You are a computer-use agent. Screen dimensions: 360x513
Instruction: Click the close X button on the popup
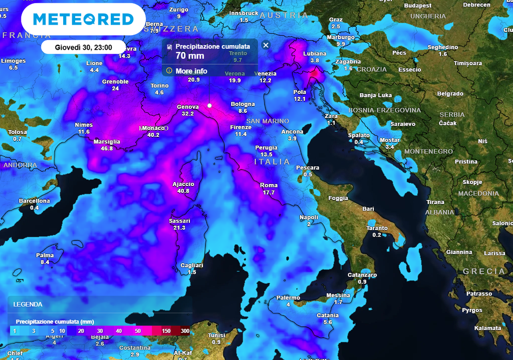coord(266,45)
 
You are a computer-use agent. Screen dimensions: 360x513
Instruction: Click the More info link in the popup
coord(191,71)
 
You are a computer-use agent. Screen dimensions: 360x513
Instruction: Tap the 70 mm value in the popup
coord(190,56)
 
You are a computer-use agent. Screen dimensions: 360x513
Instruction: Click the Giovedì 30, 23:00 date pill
coord(83,48)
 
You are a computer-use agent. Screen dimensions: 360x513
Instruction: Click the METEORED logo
coord(83,20)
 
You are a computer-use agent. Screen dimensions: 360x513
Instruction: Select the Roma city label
coord(269,186)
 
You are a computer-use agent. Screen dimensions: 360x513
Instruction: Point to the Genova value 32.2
coord(188,114)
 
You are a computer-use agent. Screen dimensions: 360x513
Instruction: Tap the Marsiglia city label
coord(107,142)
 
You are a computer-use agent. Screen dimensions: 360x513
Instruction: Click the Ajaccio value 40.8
coord(183,191)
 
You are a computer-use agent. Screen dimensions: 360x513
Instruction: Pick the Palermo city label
coord(288,298)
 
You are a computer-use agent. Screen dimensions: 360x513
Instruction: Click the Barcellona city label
coord(35,201)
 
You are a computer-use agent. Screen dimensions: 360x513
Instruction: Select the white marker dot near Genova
coord(209,105)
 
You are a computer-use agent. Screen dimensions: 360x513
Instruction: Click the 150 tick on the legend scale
coord(166,331)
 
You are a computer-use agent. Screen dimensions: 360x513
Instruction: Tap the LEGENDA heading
coord(28,304)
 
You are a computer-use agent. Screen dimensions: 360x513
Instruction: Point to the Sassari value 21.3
coord(179,228)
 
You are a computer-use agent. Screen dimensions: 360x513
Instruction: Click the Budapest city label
coord(418,6)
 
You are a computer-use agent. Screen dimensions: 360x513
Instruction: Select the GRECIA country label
coord(484,271)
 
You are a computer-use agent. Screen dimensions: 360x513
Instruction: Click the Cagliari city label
coord(191,265)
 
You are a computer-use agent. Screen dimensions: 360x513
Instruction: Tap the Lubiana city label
coord(315,54)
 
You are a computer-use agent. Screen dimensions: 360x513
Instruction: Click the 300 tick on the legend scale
coord(185,331)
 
